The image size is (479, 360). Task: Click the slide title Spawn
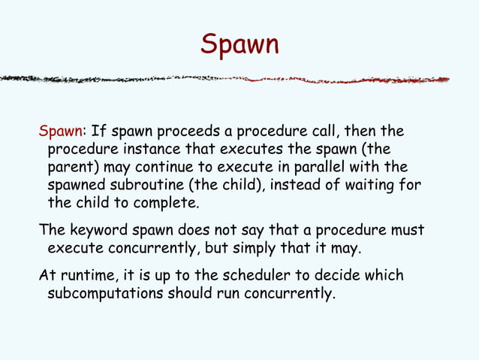(x=239, y=45)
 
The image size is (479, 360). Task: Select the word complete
(x=166, y=202)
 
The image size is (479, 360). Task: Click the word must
(x=408, y=230)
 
